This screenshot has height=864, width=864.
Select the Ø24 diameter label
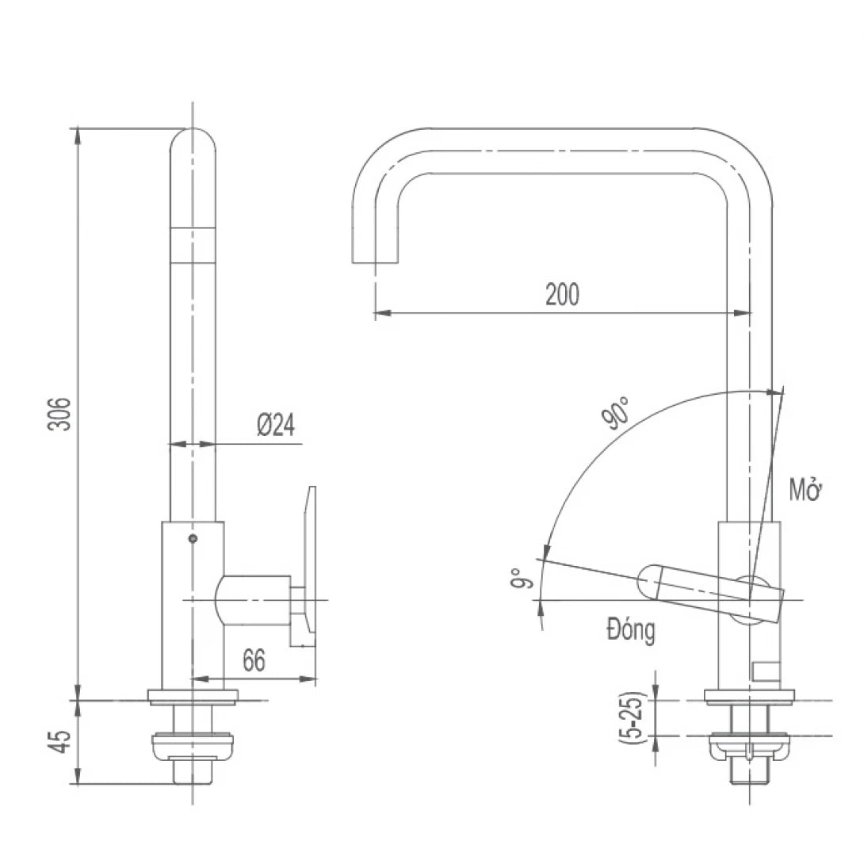pos(275,426)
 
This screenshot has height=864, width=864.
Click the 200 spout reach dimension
pos(562,294)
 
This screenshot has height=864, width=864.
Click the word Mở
pos(807,490)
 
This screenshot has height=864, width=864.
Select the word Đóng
pos(631,630)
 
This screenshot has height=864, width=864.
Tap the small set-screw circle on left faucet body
pos(193,539)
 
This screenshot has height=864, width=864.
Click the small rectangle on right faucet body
pos(766,671)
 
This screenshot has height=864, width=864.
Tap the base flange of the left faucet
pos(193,697)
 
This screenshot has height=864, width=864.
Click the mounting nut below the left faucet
pos(193,744)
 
